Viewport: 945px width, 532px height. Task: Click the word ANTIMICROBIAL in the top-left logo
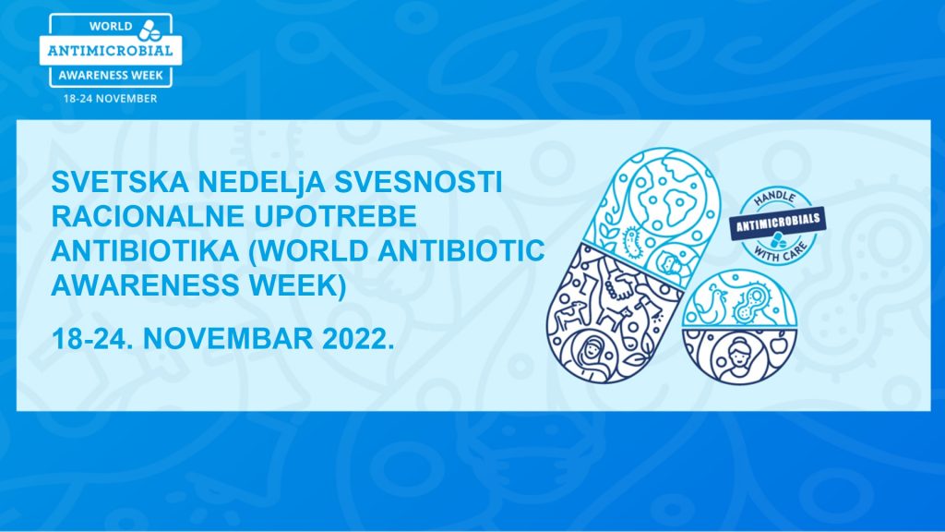point(111,51)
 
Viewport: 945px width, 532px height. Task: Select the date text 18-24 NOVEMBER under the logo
point(111,98)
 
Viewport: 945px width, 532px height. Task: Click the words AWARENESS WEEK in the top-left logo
point(111,76)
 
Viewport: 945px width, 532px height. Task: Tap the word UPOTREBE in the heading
point(335,216)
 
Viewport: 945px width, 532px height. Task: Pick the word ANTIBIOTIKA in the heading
point(145,251)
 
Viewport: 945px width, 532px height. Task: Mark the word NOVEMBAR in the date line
point(228,338)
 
